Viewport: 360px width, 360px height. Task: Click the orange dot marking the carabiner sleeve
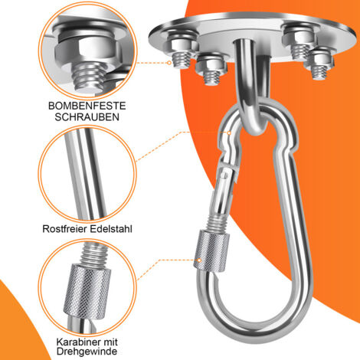(199, 261)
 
